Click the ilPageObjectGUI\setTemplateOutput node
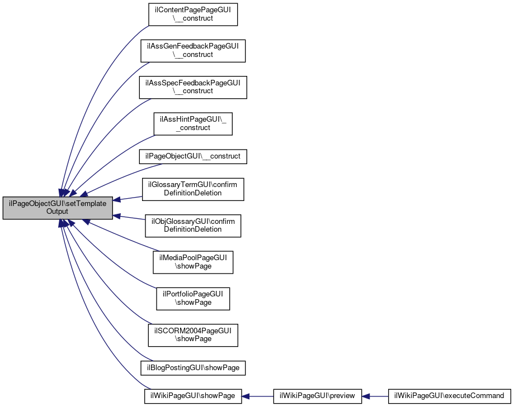point(58,208)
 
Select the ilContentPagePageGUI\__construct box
point(193,15)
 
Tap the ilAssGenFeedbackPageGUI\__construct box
point(193,51)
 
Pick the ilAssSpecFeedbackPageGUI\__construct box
point(193,87)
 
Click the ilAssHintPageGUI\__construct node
point(193,124)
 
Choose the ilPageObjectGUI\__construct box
point(193,156)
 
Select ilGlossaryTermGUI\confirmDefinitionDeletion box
point(193,189)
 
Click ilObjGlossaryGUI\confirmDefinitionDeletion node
point(193,226)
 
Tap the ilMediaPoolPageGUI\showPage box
point(193,262)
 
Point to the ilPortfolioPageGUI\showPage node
point(193,299)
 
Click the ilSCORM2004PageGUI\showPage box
point(193,335)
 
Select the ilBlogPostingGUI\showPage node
point(193,368)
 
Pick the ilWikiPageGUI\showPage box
point(193,396)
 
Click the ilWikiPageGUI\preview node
point(317,396)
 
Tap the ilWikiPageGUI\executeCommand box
point(450,396)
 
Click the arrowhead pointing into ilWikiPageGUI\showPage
point(246,396)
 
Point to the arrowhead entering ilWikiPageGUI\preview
point(366,396)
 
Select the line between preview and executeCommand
point(375,396)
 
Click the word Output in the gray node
point(57,212)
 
